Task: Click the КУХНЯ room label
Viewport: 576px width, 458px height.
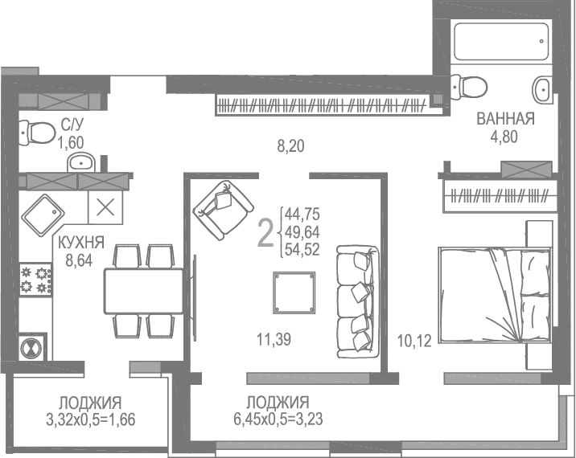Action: (x=80, y=240)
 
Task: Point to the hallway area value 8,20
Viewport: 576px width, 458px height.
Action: (x=291, y=146)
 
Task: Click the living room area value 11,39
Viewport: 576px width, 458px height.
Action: (x=272, y=340)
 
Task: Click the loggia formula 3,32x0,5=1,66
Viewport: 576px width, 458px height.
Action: (x=90, y=418)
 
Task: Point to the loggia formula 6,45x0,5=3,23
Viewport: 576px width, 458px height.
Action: (x=278, y=418)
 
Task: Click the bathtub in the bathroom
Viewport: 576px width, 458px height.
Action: (x=499, y=39)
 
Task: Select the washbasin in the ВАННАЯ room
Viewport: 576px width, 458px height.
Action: (x=543, y=88)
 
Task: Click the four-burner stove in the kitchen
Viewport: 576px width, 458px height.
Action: (x=36, y=279)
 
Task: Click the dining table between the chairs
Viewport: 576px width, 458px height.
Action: (x=143, y=291)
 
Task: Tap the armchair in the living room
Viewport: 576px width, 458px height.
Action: (x=219, y=207)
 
